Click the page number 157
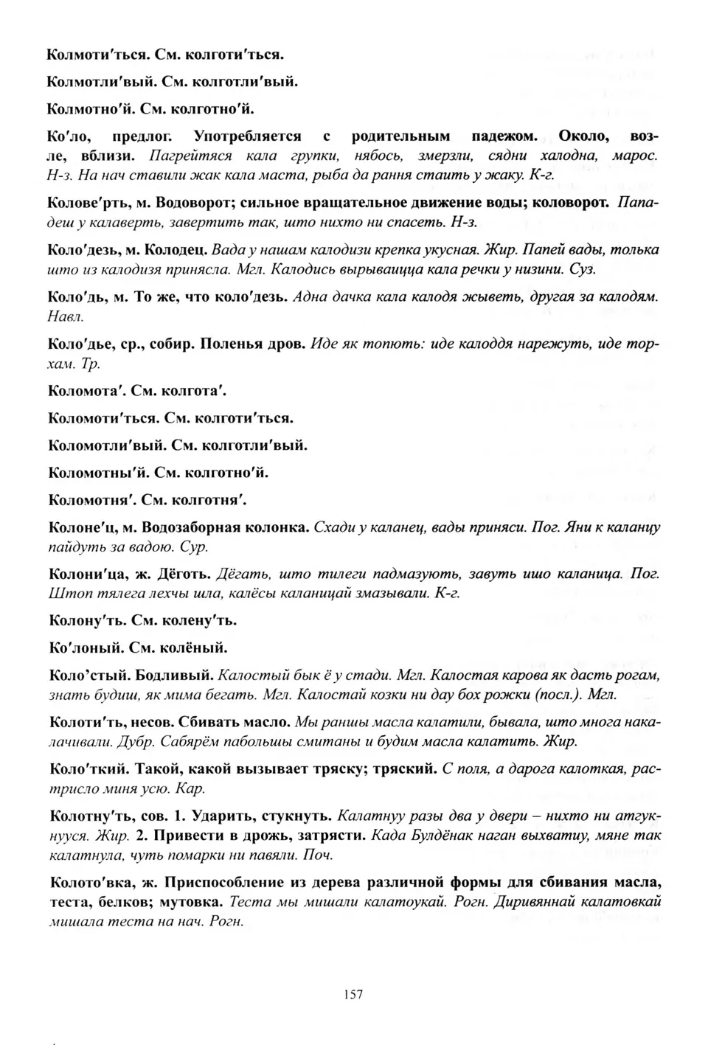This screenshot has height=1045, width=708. pyautogui.click(x=353, y=994)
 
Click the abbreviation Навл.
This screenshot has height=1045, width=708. pyautogui.click(x=66, y=317)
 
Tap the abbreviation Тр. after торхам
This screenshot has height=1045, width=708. pyautogui.click(x=91, y=364)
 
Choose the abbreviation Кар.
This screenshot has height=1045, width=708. pyautogui.click(x=191, y=789)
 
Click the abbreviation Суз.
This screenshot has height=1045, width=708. pyautogui.click(x=582, y=269)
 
